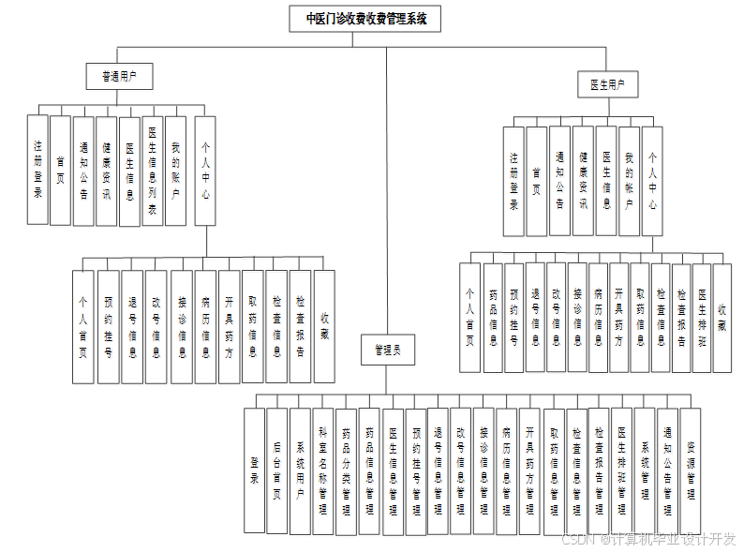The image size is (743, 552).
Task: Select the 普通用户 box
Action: (x=118, y=76)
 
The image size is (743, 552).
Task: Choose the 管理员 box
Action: (x=387, y=351)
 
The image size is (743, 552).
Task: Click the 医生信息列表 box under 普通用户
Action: (x=153, y=170)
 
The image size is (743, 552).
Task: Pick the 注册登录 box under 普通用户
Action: (x=37, y=170)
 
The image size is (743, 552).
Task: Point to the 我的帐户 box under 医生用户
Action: (x=630, y=181)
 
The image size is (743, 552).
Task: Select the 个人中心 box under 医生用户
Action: (x=652, y=181)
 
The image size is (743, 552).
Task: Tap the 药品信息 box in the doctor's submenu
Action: (x=492, y=318)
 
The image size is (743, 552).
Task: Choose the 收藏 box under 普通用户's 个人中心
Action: (x=324, y=326)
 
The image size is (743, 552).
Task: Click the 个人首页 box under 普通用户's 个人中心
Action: (x=83, y=326)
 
